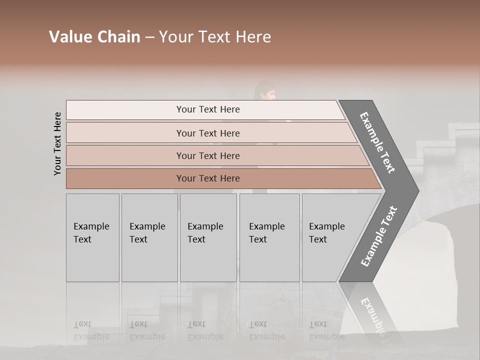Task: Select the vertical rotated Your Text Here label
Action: pyautogui.click(x=57, y=143)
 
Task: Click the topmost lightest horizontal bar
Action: pyautogui.click(x=207, y=109)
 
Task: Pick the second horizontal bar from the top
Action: pyautogui.click(x=207, y=133)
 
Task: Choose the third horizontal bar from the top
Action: pyautogui.click(x=207, y=155)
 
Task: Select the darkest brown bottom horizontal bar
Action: pyautogui.click(x=207, y=178)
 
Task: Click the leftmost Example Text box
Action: pyautogui.click(x=92, y=237)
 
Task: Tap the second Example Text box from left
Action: pyautogui.click(x=149, y=237)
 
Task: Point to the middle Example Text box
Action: pyautogui.click(x=207, y=237)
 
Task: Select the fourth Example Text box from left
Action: pyautogui.click(x=269, y=237)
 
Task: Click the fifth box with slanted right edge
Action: pyautogui.click(x=330, y=237)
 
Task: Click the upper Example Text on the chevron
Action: pyautogui.click(x=377, y=142)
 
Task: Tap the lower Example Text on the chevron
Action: pyautogui.click(x=378, y=236)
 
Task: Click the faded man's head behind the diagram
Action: pyautogui.click(x=264, y=91)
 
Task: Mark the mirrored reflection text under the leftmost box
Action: pyautogui.click(x=91, y=330)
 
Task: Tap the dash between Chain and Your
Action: pyautogui.click(x=149, y=37)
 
